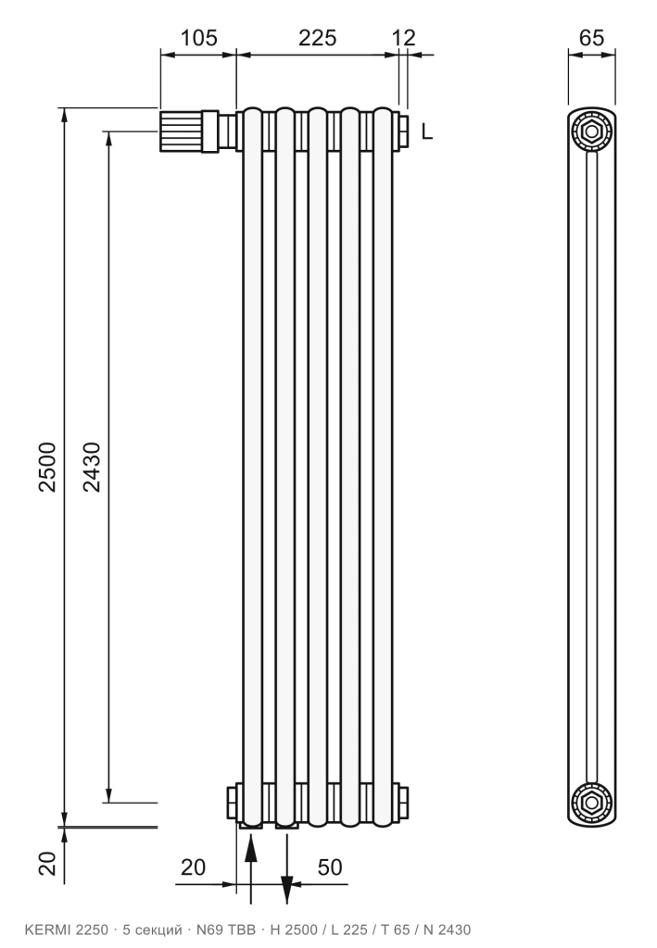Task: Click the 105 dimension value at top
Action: tap(198, 38)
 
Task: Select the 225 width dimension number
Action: tap(317, 38)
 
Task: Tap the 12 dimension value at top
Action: tap(403, 38)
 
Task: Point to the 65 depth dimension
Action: tap(591, 38)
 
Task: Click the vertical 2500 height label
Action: tap(47, 467)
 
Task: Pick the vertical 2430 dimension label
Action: tap(92, 467)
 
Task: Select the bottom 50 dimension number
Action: tap(330, 867)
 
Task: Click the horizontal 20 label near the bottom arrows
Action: tap(193, 867)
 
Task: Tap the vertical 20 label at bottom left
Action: tap(47, 864)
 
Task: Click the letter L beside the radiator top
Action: tap(427, 131)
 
